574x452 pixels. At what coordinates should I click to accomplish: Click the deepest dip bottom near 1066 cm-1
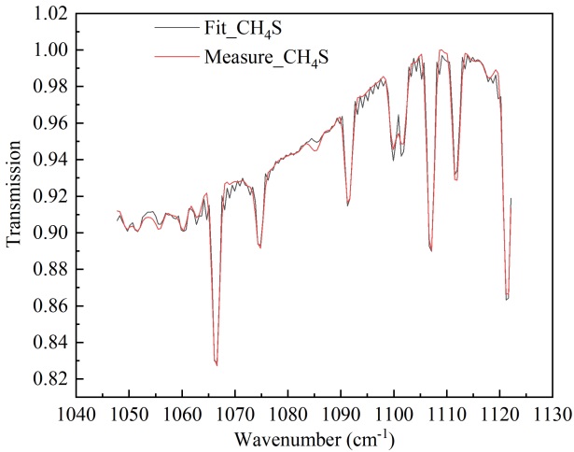point(217,364)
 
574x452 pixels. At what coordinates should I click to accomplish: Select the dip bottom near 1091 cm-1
point(348,204)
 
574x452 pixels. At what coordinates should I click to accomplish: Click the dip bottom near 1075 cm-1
point(259,247)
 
